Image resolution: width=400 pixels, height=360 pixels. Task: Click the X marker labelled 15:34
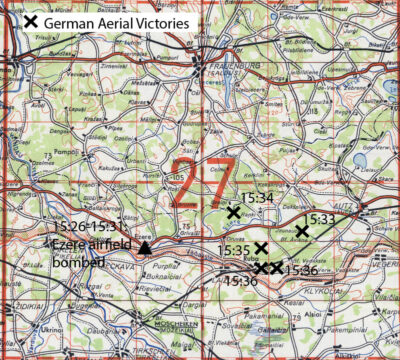click(233, 212)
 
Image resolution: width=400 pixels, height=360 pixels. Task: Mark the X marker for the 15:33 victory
click(302, 232)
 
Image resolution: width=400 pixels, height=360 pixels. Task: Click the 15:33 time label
click(319, 219)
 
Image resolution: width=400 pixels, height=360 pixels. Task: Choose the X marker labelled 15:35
click(261, 248)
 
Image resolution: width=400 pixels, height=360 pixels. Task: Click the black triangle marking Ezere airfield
click(145, 248)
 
